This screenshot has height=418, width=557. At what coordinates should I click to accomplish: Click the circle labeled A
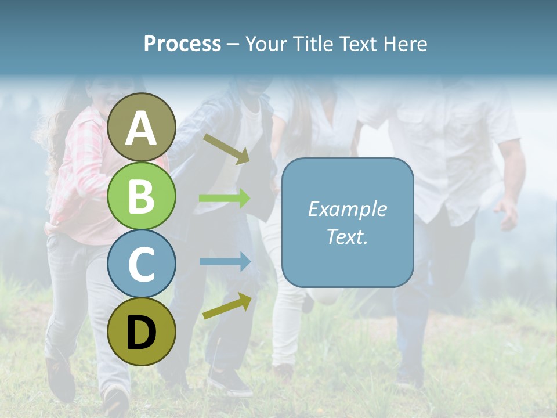point(142,127)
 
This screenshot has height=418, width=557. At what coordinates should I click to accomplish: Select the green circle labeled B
point(142,196)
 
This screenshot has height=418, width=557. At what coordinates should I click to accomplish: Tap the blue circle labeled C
point(142,264)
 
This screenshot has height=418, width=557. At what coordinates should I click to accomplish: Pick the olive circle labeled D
point(142,331)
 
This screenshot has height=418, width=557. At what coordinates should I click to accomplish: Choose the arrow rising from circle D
point(227,306)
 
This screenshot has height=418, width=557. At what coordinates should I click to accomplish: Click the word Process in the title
point(182,44)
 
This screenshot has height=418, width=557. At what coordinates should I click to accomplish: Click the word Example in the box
point(347,209)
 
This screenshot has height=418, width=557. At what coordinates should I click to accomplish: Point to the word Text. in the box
point(347,237)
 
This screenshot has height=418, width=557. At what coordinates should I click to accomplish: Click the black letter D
point(142,333)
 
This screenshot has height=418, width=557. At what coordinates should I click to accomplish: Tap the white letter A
point(142,128)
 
